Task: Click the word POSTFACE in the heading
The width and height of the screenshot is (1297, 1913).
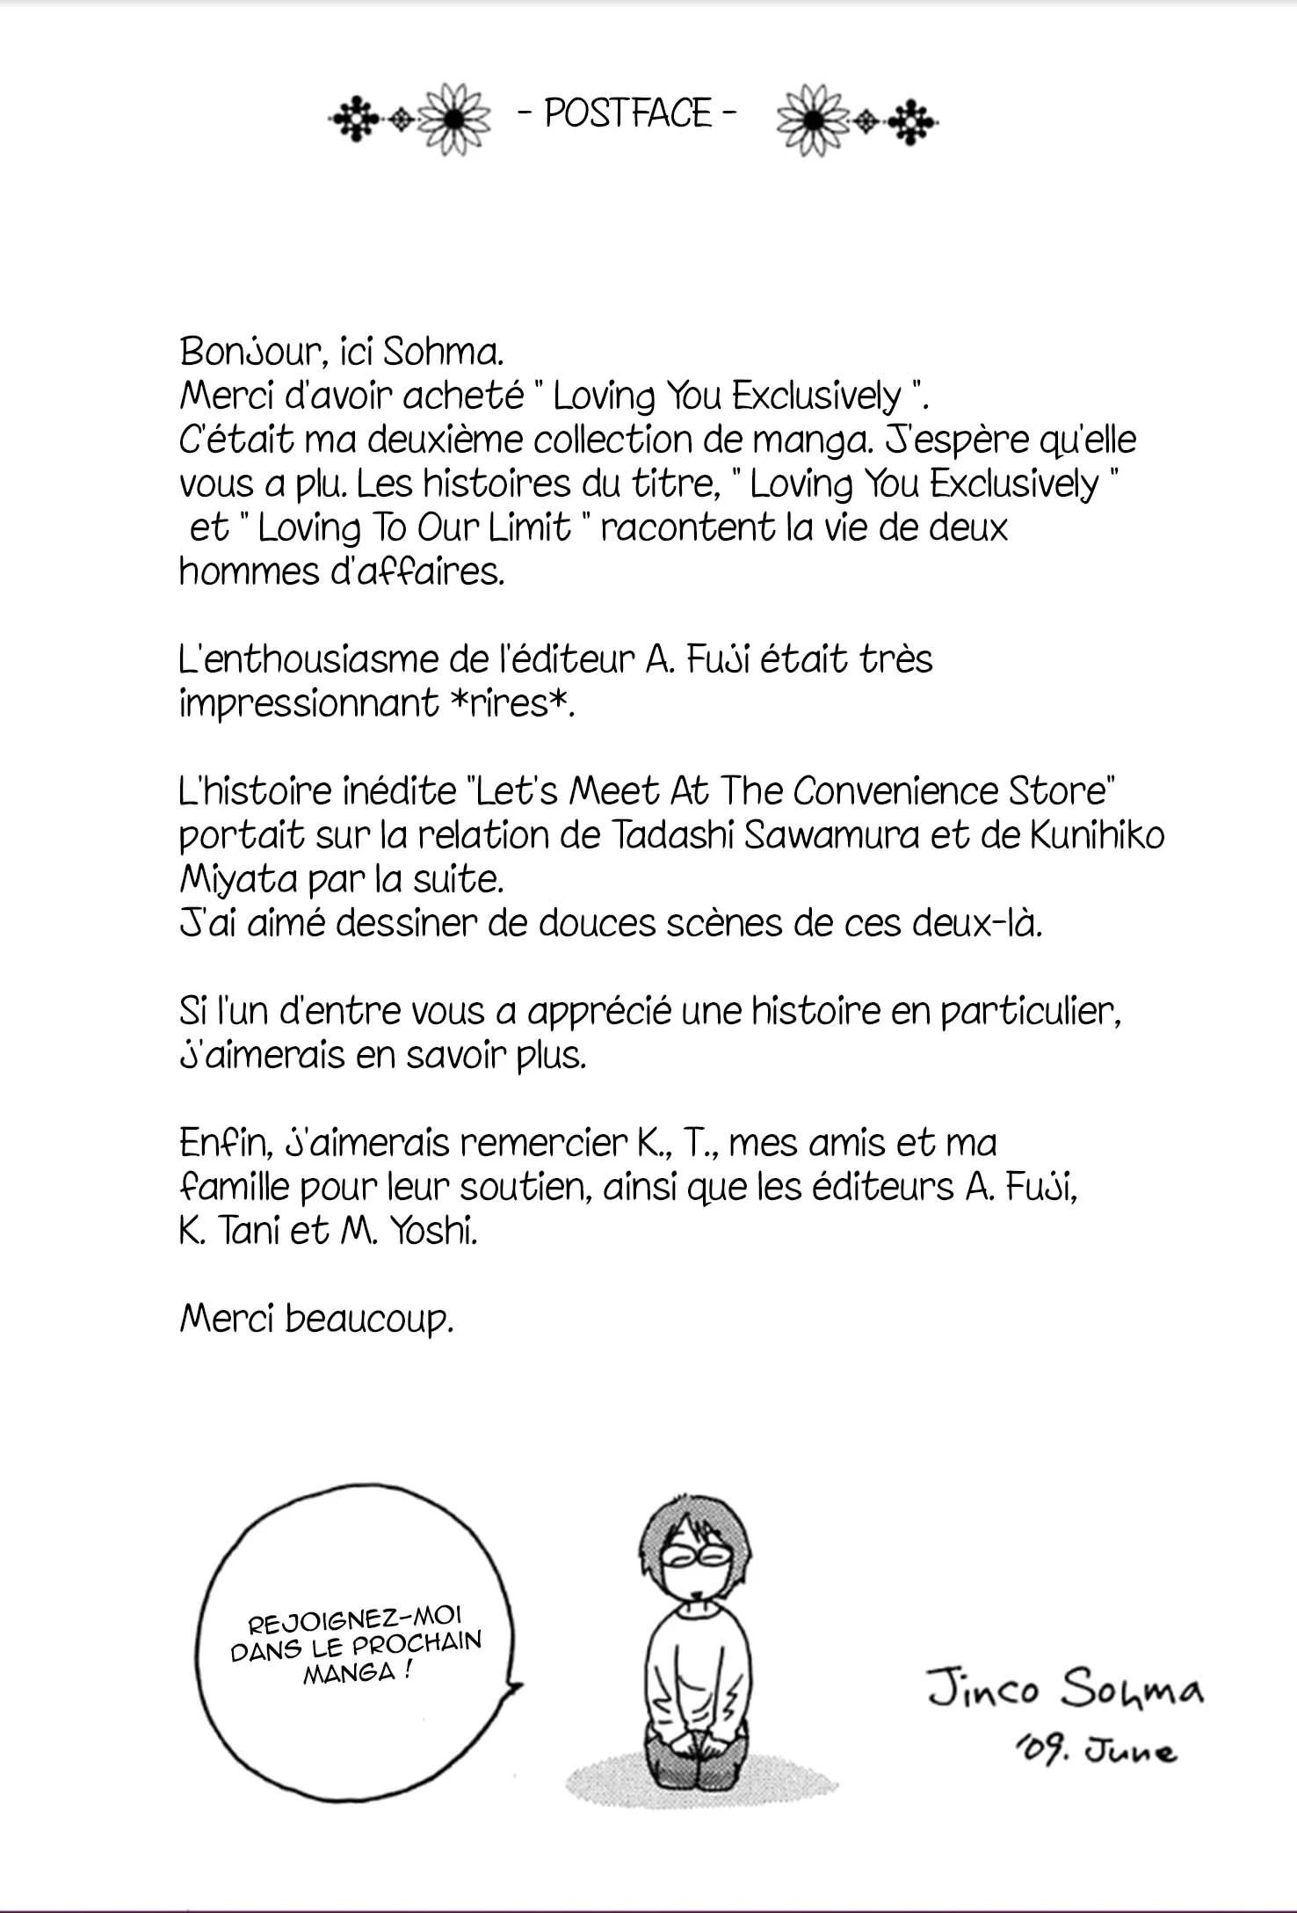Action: tap(627, 114)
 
